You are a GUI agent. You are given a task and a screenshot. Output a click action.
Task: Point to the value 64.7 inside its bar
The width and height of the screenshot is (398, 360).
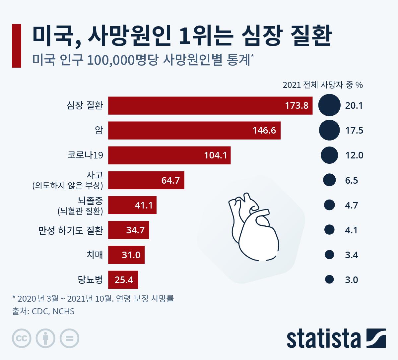click(x=170, y=180)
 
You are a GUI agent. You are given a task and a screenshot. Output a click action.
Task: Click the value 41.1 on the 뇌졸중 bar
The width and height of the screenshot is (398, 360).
click(x=144, y=205)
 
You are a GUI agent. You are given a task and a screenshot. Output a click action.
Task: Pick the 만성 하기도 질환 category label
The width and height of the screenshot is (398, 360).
click(x=71, y=230)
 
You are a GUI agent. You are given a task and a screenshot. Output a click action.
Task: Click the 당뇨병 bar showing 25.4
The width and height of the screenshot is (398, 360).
click(x=123, y=280)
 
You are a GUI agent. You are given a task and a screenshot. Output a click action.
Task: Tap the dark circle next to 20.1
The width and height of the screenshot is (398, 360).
click(x=329, y=105)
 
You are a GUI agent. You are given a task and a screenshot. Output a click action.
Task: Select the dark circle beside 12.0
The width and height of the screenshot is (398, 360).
click(x=329, y=155)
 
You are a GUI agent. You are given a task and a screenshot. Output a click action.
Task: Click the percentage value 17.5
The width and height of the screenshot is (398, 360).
click(x=354, y=130)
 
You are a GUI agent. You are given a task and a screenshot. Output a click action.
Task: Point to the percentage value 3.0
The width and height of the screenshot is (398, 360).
click(x=352, y=280)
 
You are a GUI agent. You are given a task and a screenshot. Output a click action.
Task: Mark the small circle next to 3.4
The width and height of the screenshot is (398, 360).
click(x=329, y=255)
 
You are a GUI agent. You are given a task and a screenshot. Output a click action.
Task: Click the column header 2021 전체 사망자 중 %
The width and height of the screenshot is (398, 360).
click(x=323, y=85)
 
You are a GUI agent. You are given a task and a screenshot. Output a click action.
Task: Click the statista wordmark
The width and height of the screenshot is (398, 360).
click(x=323, y=338)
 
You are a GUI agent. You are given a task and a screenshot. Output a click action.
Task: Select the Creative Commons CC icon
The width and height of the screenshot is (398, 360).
click(x=22, y=338)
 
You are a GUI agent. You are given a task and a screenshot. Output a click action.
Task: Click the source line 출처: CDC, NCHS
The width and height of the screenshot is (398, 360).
click(x=43, y=311)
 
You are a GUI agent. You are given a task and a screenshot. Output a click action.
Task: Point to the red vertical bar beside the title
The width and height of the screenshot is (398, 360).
click(x=17, y=45)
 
